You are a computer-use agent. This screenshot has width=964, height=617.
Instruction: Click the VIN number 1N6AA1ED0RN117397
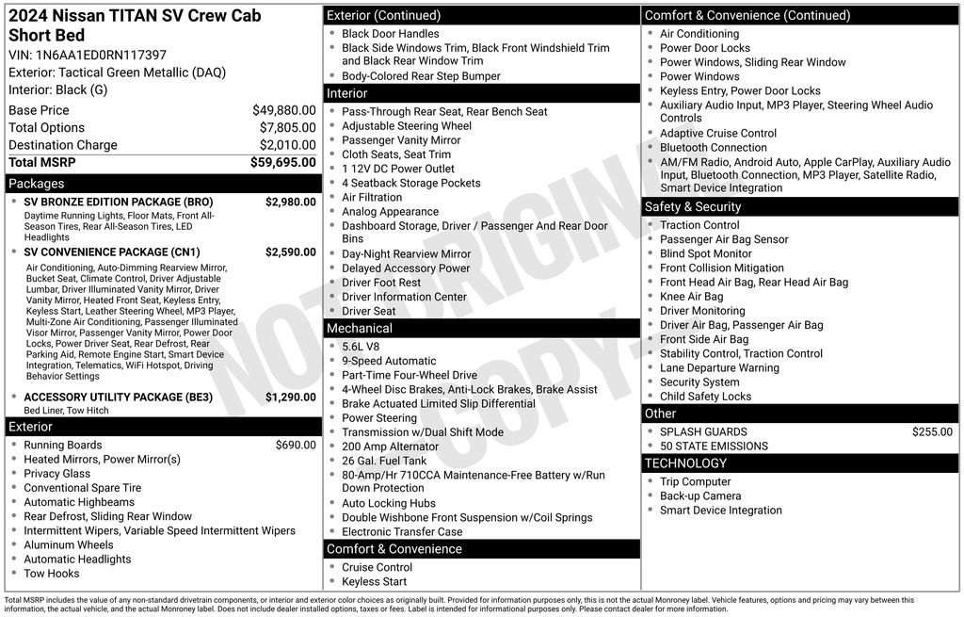(102, 55)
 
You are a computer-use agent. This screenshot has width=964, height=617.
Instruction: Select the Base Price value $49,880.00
(283, 110)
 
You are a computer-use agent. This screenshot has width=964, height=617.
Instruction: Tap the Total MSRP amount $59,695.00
(282, 162)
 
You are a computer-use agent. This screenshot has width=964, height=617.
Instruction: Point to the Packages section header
(37, 184)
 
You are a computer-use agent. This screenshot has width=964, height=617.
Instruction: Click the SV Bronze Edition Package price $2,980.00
(290, 203)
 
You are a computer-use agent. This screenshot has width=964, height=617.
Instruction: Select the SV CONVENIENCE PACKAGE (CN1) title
(112, 252)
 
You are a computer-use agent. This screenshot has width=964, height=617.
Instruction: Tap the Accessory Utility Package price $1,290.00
(290, 398)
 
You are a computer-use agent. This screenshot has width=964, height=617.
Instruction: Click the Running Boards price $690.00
(296, 446)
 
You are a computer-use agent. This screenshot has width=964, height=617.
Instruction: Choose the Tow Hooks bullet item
(52, 574)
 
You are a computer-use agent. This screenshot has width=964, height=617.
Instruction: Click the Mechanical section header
(360, 329)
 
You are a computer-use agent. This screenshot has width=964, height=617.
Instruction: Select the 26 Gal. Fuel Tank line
(384, 461)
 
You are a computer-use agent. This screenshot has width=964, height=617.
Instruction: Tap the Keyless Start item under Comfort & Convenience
(375, 581)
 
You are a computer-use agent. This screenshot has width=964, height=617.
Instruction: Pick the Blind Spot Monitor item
(706, 253)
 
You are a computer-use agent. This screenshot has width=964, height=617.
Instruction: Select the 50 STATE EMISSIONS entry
(714, 447)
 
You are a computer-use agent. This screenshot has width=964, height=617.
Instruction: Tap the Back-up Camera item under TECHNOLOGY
(700, 496)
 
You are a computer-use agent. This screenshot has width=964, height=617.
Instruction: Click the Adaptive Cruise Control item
(718, 134)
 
